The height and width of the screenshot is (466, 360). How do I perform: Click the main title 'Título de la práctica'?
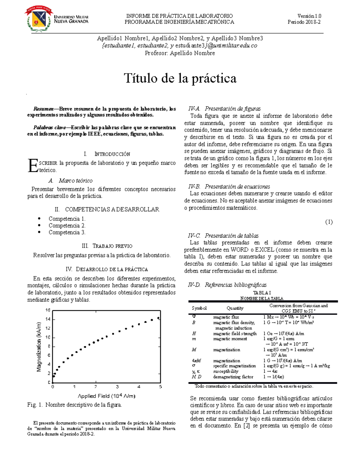click(x=180, y=78)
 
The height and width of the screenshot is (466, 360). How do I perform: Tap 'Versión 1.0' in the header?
click(x=309, y=16)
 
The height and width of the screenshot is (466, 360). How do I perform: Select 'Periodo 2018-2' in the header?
click(x=304, y=22)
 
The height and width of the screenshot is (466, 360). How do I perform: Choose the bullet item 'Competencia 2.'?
click(x=67, y=226)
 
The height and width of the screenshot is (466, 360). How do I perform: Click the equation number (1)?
click(x=329, y=222)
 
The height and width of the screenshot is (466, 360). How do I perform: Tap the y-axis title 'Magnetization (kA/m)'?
click(x=39, y=347)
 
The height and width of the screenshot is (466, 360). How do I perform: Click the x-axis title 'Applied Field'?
click(x=106, y=396)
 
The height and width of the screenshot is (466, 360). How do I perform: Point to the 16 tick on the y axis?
click(x=48, y=310)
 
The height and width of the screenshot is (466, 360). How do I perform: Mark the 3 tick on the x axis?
click(x=117, y=387)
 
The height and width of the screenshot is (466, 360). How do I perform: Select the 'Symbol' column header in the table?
click(x=199, y=308)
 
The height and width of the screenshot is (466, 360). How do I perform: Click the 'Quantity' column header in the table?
click(x=235, y=308)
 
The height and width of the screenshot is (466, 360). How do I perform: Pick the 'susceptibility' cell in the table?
click(x=226, y=371)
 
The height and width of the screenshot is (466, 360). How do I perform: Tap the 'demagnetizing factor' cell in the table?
click(x=233, y=377)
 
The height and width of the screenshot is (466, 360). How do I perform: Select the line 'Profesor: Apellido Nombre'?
click(x=180, y=53)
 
